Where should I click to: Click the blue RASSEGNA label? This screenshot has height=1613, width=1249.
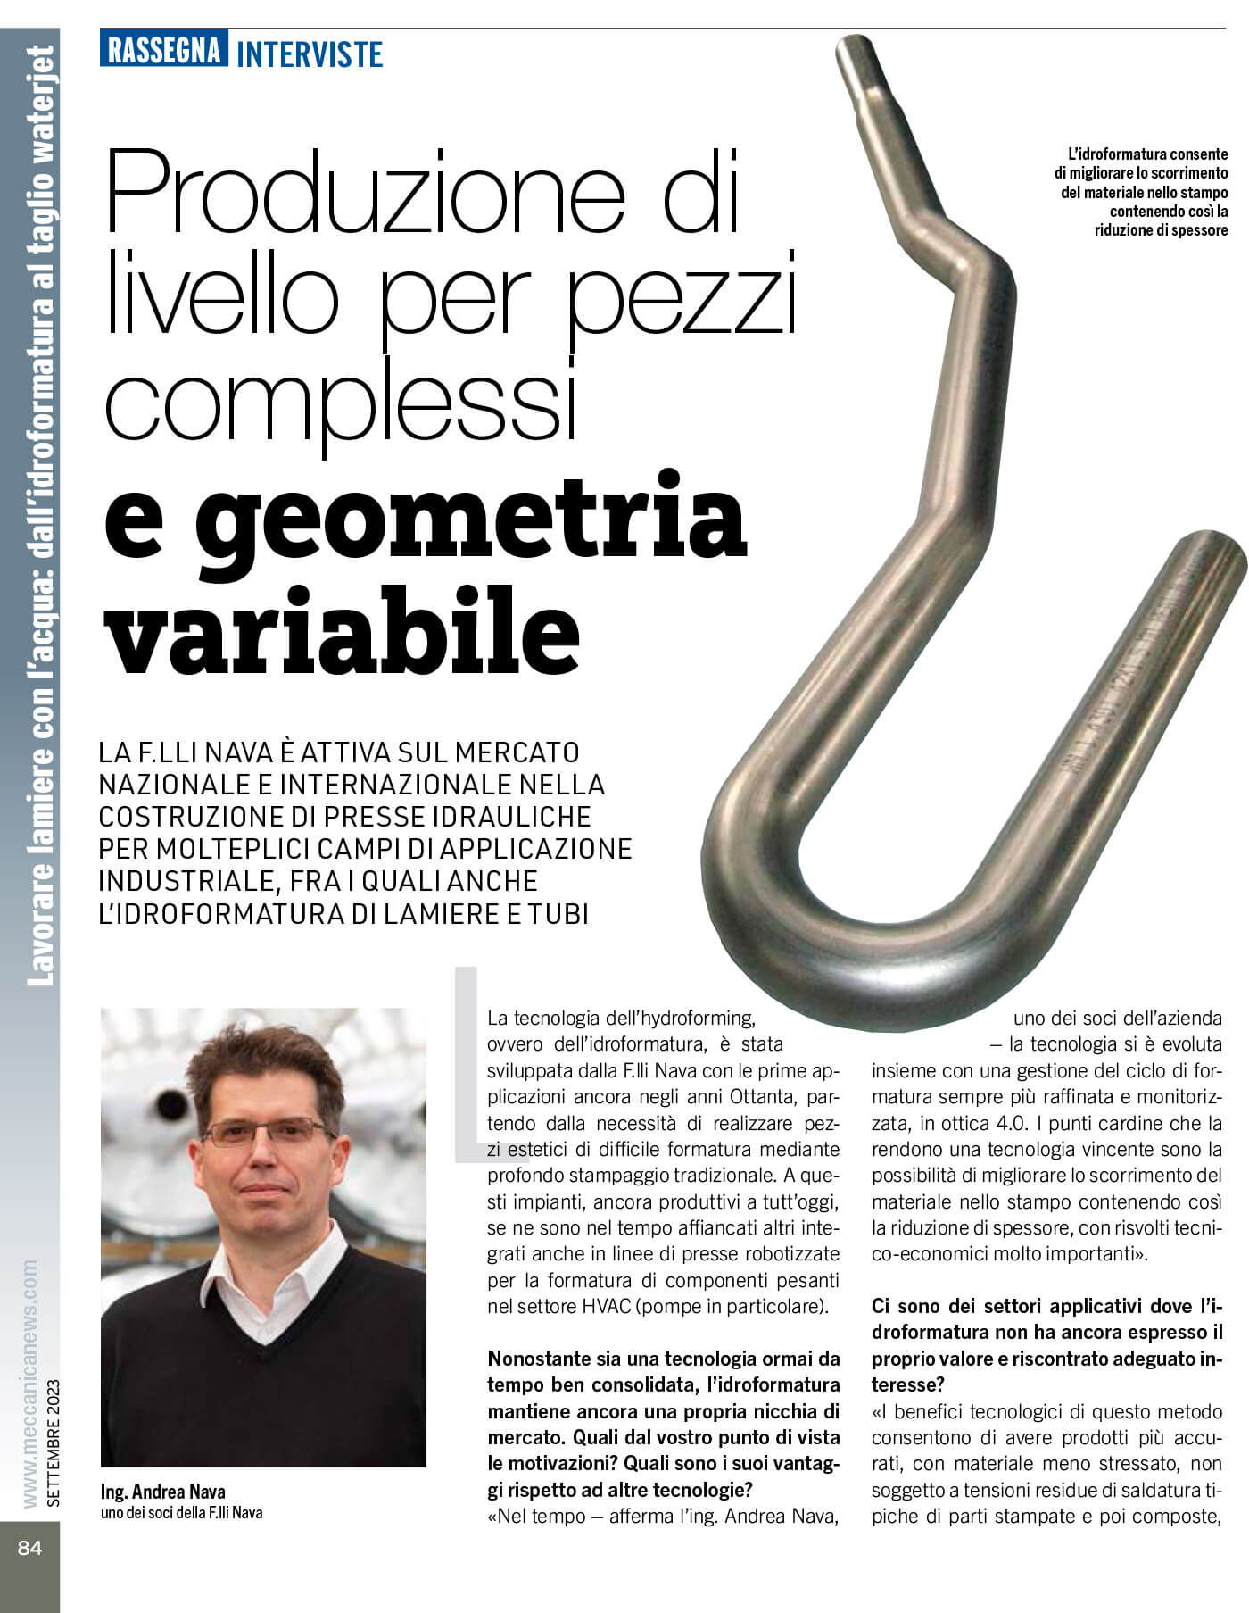tap(164, 50)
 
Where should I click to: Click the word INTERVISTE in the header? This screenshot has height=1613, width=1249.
tap(310, 54)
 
